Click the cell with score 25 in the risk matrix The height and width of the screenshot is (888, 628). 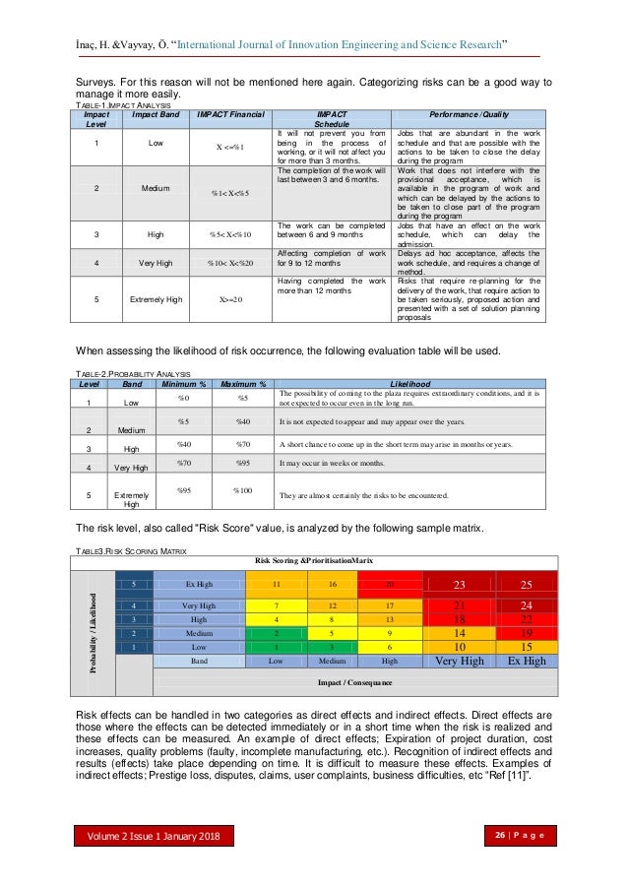[526, 584]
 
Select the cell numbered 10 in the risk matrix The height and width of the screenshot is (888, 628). [458, 646]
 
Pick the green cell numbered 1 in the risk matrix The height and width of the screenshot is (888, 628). [279, 646]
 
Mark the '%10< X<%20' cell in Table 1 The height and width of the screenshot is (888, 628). [230, 264]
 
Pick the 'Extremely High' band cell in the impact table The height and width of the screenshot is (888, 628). [155, 299]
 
